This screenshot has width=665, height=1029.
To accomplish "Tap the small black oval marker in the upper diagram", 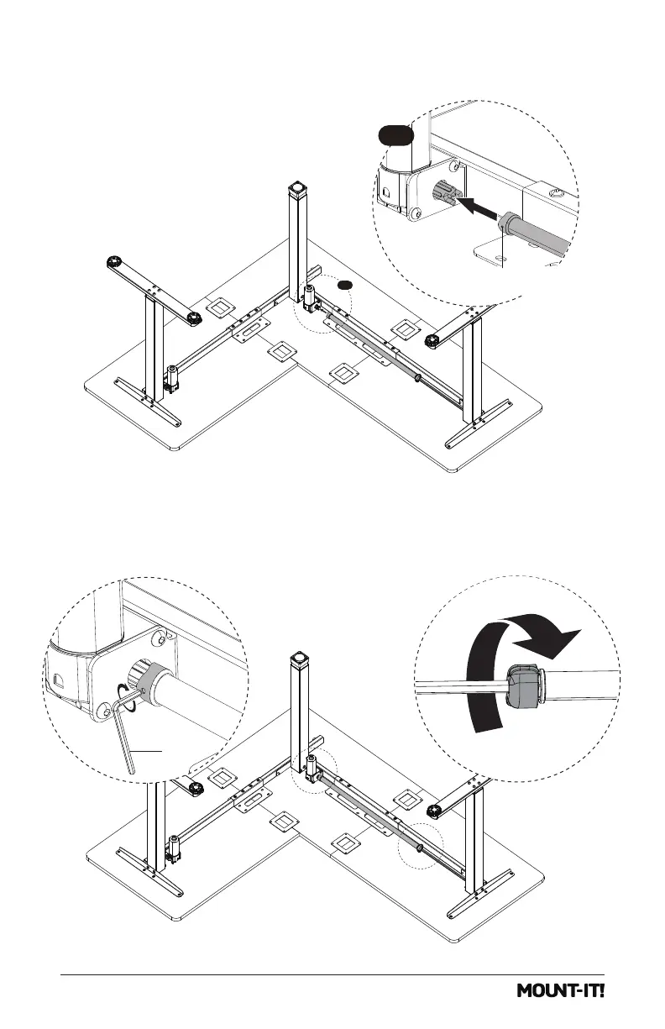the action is click(x=343, y=286).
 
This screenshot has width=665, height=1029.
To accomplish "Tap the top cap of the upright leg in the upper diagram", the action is click(x=297, y=187).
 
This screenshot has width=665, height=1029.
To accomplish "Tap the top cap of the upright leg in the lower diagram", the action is click(x=297, y=658).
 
